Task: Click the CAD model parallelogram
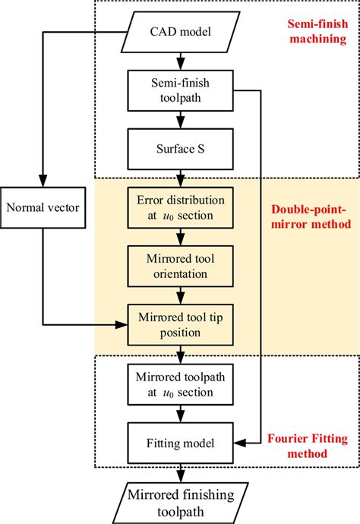179,32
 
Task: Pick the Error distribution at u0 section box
179,206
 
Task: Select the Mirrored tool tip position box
179,324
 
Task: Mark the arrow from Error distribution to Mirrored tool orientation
179,236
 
